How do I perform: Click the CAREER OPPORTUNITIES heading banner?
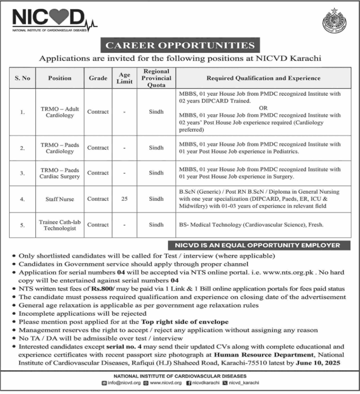pos(180,45)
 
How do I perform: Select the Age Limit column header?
pos(124,78)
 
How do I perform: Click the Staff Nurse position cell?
pos(60,199)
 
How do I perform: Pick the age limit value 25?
pos(124,199)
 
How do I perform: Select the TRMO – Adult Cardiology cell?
pos(60,112)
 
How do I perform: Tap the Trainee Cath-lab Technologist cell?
pos(60,225)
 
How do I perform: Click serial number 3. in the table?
pos(22,173)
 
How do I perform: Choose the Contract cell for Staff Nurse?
pos(98,199)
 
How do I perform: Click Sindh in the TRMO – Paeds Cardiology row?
pos(157,148)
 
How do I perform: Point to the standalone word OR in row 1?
pos(259,107)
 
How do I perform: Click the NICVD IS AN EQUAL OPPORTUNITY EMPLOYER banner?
pos(255,245)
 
